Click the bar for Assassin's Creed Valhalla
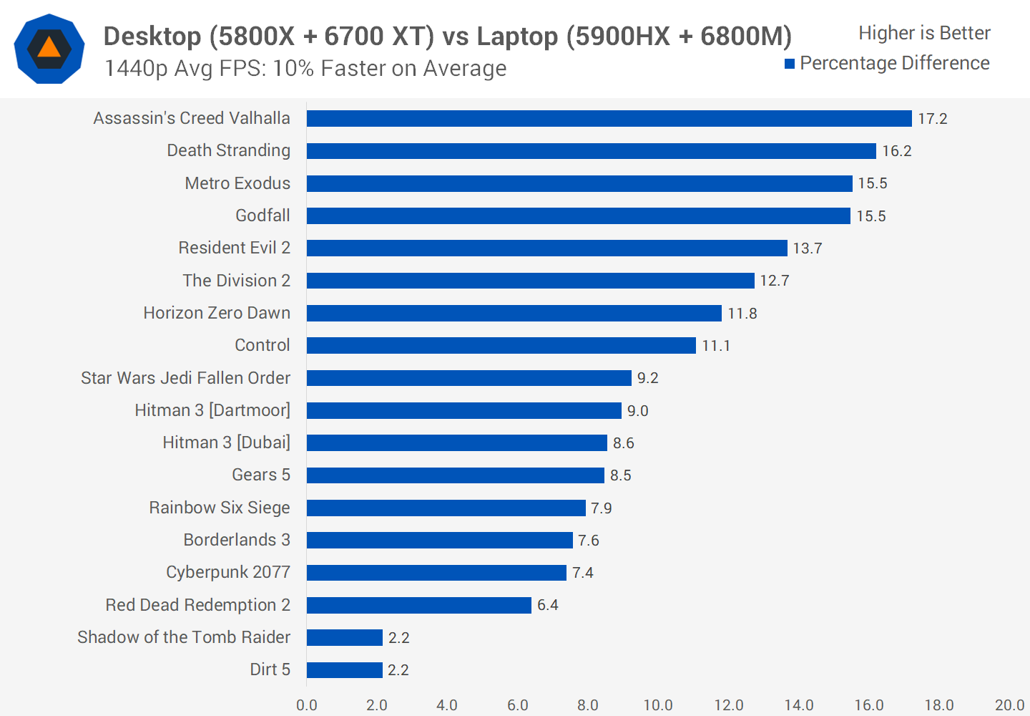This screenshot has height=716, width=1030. pos(609,118)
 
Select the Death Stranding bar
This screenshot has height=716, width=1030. pos(591,151)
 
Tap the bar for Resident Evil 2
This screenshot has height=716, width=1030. pos(546,248)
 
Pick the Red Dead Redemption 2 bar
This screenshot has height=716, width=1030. pos(418,605)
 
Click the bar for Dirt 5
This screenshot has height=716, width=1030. pos(344,669)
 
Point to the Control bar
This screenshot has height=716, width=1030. pos(501,345)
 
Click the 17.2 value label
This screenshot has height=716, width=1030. pos(932,119)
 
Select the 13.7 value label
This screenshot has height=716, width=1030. pos(807,248)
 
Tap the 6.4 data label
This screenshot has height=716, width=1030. pos(547,605)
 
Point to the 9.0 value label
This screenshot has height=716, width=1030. pos(637,411)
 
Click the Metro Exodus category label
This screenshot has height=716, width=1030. pos(237,183)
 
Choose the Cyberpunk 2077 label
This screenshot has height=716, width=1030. pos(228,572)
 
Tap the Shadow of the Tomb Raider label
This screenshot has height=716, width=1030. pos(184,637)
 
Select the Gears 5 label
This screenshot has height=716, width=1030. pos(261,475)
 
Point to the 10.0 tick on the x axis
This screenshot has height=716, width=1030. pos(658,705)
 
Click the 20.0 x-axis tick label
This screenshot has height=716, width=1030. pos(1009,705)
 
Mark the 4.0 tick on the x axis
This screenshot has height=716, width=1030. pos(447,705)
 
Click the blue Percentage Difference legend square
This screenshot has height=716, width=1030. pos(790,64)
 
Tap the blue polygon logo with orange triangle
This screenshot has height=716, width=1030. pos(49,49)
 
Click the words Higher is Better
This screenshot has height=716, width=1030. pos(924,33)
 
